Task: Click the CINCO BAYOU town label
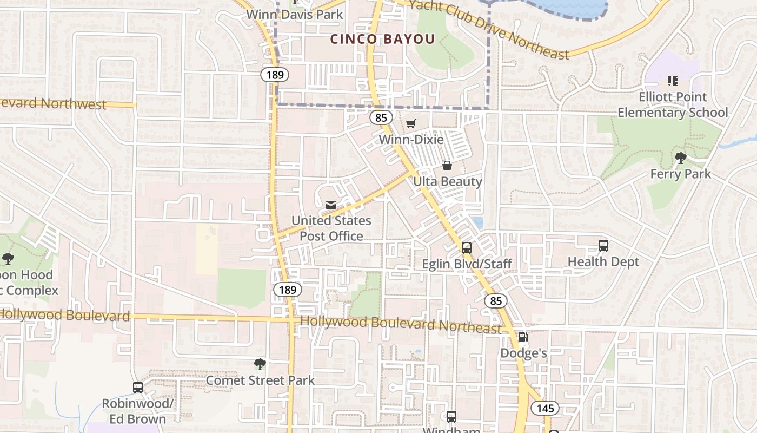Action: tap(382, 39)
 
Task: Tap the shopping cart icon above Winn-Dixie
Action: tap(410, 124)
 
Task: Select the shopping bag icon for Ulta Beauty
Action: tap(447, 165)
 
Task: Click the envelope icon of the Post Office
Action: tap(331, 205)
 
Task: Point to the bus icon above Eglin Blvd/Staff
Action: tap(467, 247)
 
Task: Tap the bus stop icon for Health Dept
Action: tap(603, 245)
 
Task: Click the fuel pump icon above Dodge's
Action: tap(523, 337)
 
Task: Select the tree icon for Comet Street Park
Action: tap(260, 364)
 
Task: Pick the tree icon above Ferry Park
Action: tap(680, 158)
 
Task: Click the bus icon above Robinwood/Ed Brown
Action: tap(138, 387)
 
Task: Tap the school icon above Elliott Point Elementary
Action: tap(673, 81)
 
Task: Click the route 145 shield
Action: tap(545, 408)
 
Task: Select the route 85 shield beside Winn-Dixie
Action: tap(382, 117)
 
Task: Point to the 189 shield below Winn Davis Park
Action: tap(275, 74)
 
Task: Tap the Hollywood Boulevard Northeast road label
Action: tap(401, 324)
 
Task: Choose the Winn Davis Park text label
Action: tap(295, 14)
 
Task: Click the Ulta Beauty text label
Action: tap(447, 181)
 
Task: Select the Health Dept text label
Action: tap(603, 262)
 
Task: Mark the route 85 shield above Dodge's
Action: tap(496, 300)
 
